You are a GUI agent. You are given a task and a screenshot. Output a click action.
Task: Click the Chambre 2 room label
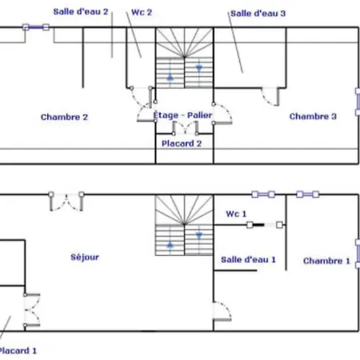[64, 117]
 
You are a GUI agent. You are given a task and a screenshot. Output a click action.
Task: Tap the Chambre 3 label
[313, 116]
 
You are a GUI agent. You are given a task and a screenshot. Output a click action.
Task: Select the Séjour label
[85, 257]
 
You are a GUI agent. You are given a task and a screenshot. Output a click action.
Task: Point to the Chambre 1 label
[326, 261]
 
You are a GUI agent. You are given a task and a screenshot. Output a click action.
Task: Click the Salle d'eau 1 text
[248, 259]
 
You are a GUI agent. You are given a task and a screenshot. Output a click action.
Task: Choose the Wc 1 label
[236, 214]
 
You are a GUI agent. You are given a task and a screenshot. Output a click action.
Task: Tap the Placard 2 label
[182, 143]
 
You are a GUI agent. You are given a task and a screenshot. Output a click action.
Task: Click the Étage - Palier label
[182, 115]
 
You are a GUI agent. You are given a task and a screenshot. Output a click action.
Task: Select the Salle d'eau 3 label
[258, 14]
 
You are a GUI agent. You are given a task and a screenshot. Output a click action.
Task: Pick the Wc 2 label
[142, 12]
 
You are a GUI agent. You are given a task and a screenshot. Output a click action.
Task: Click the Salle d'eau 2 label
[81, 12]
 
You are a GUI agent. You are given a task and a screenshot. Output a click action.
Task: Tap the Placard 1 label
[18, 350]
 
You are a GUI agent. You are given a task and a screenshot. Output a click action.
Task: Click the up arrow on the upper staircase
[170, 78]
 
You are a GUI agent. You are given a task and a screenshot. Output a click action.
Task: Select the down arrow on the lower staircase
[199, 235]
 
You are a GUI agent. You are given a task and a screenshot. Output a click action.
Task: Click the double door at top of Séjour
[66, 202]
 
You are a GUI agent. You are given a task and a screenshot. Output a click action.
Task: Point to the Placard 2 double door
[185, 128]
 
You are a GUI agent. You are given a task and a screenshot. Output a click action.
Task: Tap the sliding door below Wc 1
[265, 225]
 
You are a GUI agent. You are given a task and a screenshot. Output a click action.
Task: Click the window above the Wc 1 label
[263, 194]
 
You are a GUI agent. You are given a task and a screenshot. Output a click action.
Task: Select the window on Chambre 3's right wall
[358, 102]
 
